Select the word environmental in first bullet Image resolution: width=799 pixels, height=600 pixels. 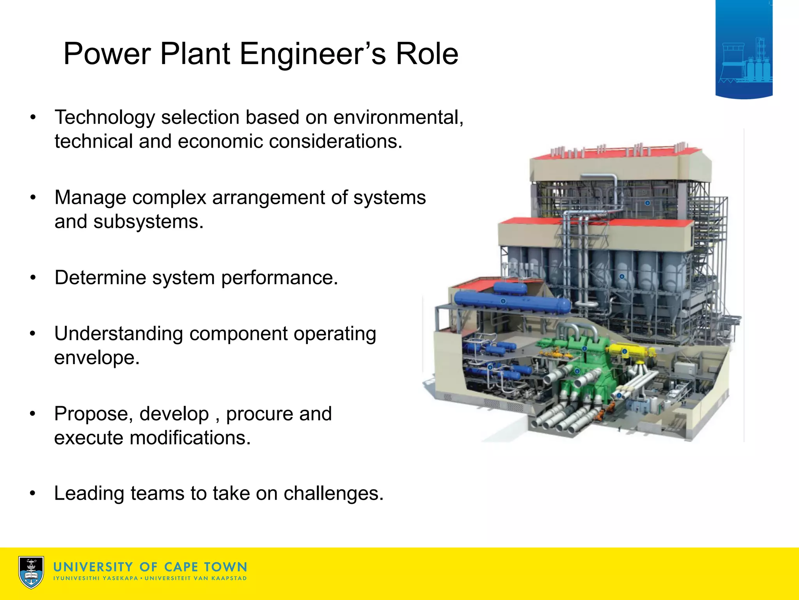[398, 117]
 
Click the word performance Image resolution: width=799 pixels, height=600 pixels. [279, 278]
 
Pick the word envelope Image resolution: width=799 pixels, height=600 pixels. [97, 357]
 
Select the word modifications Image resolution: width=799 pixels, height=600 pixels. [190, 437]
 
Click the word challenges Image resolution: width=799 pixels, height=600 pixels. [334, 493]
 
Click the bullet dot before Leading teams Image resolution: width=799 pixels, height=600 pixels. [33, 494]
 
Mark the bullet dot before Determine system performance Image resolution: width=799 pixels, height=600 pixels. [33, 278]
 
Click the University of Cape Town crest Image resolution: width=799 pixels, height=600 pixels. [31, 572]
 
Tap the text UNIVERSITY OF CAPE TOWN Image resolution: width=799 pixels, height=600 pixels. [150, 567]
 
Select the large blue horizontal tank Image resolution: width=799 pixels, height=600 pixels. [511, 301]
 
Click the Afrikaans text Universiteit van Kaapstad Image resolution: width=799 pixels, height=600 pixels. [196, 578]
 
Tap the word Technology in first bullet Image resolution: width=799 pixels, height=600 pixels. [105, 117]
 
